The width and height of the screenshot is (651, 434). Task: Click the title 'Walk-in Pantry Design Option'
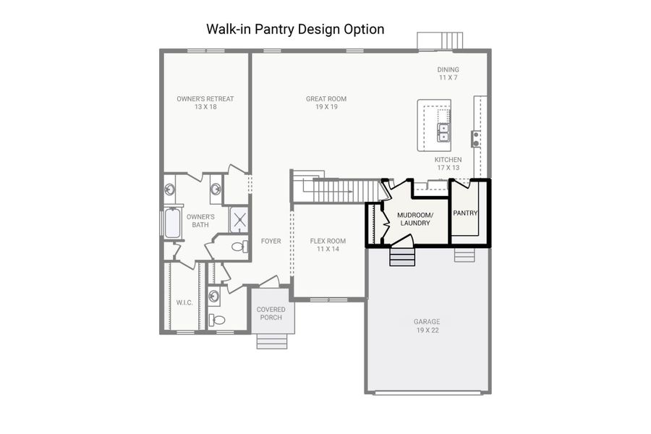point(295,30)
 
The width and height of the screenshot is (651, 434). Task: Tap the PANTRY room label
point(465,213)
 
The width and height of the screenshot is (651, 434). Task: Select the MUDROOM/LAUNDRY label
point(415,219)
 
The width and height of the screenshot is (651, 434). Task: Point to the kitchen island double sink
point(444,132)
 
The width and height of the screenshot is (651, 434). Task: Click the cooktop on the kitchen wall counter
point(476,137)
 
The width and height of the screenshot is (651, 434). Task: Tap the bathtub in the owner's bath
point(172,224)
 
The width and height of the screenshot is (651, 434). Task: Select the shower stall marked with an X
point(239,220)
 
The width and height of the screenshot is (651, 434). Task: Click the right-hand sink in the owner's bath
point(216,190)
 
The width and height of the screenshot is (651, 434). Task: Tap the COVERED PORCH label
point(271,313)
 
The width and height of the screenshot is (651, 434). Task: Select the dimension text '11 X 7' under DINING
point(448,77)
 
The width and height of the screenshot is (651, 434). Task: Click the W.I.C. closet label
point(184,302)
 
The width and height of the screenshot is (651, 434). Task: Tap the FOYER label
point(271,242)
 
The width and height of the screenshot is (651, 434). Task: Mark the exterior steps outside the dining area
point(441,41)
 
